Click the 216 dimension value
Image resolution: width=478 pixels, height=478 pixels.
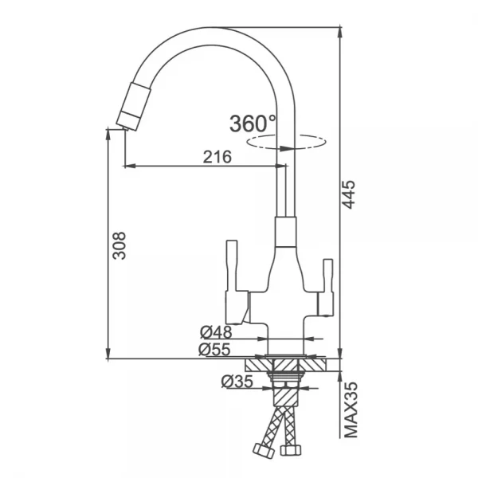click(217, 157)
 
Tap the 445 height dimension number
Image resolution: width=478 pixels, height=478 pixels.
click(349, 194)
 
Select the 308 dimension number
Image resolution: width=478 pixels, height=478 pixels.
click(119, 245)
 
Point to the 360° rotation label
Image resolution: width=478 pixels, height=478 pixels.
click(253, 123)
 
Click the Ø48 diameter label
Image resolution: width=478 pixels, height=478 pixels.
click(216, 332)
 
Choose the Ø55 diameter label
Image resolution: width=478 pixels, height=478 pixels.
click(214, 350)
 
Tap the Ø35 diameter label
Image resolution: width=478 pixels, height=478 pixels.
click(237, 381)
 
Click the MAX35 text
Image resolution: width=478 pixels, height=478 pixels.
click(351, 409)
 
